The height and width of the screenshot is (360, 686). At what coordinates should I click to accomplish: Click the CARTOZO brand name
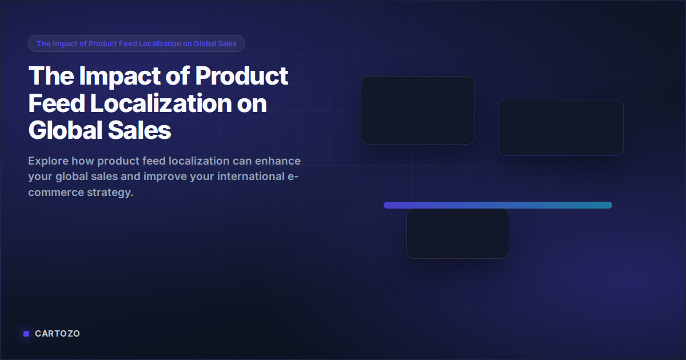tap(57, 334)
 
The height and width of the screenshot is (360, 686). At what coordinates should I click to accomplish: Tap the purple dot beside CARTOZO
tap(26, 334)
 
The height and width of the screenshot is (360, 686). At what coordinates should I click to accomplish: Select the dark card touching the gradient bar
tap(457, 234)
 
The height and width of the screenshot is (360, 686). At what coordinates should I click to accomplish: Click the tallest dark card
tap(417, 110)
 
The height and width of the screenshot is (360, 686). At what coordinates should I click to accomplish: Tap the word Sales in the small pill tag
tap(226, 43)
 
